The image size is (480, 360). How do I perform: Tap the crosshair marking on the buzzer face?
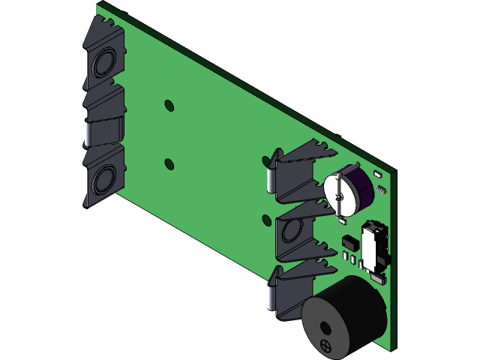pyautogui.click(x=325, y=346)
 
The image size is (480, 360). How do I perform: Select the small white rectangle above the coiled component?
pyautogui.click(x=377, y=173)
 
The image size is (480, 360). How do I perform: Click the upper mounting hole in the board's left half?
pyautogui.click(x=169, y=104)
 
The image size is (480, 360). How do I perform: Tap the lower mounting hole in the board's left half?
pyautogui.click(x=169, y=163)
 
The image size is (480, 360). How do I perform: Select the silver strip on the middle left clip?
pyautogui.click(x=87, y=134)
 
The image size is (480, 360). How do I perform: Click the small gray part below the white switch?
pyautogui.click(x=377, y=280)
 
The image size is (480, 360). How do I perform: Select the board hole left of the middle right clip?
pyautogui.click(x=266, y=220)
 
